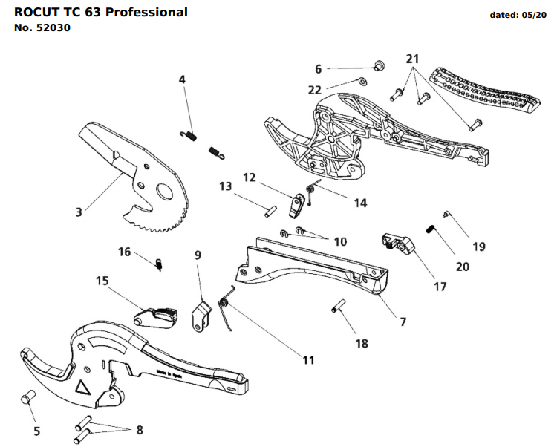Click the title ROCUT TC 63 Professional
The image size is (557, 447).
tap(101, 13)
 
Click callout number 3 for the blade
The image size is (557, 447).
tap(79, 212)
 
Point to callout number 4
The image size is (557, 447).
tap(182, 79)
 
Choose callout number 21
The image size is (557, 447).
tap(412, 59)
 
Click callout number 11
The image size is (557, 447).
tap(307, 359)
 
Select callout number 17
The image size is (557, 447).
tap(440, 285)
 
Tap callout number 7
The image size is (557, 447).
tap(403, 322)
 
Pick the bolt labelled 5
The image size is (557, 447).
tap(29, 399)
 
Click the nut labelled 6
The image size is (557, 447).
tap(377, 66)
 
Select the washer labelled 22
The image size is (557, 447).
tap(362, 81)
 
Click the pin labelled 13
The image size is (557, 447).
tap(269, 207)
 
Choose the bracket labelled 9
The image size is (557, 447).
tap(200, 314)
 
